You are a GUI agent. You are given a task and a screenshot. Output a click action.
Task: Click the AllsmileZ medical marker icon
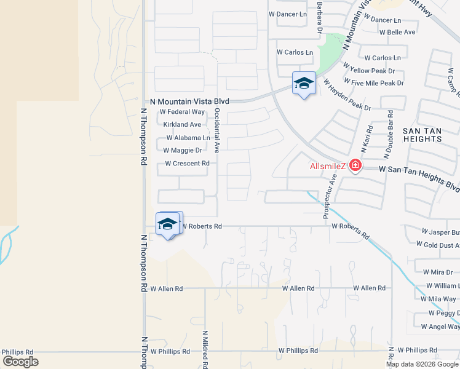[x=355, y=165]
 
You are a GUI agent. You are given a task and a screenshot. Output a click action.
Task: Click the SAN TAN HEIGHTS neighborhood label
[x=427, y=135]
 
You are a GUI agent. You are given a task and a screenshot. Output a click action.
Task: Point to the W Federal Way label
[x=182, y=112]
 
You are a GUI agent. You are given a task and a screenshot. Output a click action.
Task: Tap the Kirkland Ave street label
[x=182, y=125]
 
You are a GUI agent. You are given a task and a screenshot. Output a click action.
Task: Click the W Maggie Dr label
[x=183, y=150]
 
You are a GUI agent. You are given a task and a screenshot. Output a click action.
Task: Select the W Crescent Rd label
[x=187, y=164]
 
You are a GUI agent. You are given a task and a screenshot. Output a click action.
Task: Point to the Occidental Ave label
[x=217, y=130]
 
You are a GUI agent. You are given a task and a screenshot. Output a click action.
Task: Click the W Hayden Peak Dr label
[x=347, y=95]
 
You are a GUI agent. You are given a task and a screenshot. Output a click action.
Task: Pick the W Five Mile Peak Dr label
[x=374, y=82]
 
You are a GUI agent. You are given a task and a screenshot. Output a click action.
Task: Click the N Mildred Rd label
[x=205, y=348]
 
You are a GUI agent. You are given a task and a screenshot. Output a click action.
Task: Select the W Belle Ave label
[x=397, y=32]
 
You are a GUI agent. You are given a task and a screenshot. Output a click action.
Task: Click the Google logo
[x=20, y=361]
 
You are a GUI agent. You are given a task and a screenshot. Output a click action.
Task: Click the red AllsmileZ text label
[x=328, y=166]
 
